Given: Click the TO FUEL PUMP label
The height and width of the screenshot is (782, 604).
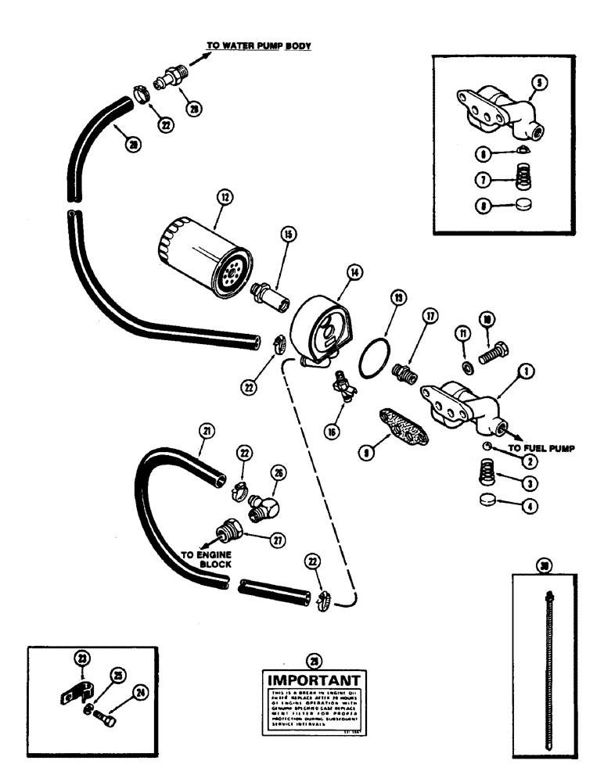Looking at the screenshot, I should click(541, 449).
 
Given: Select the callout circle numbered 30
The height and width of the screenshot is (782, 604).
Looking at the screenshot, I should click(545, 565).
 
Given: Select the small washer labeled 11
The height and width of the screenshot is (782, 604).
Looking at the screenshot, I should click(466, 368).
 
